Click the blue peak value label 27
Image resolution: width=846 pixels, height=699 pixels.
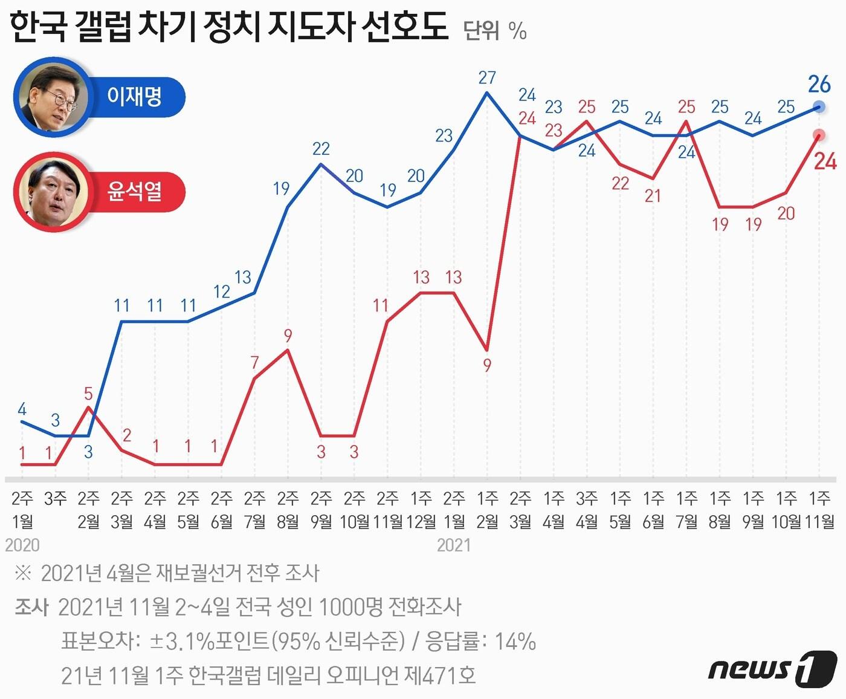486,77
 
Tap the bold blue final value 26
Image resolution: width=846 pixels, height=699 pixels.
819,84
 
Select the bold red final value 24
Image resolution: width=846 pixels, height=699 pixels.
825,161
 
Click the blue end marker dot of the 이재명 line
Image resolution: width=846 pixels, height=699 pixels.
819,106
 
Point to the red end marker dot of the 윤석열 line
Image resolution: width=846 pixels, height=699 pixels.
819,135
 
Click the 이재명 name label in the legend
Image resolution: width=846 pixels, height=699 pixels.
134,97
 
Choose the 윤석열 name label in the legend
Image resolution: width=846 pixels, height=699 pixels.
134,192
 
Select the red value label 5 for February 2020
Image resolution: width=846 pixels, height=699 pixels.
88,394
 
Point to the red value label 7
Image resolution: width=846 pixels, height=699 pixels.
254,363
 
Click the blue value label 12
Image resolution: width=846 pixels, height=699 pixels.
222,291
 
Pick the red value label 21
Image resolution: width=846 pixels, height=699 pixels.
653,196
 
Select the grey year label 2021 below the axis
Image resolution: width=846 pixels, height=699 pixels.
453,545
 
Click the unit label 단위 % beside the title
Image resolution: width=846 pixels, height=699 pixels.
495,30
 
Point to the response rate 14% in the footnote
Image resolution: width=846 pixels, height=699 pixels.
515,641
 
